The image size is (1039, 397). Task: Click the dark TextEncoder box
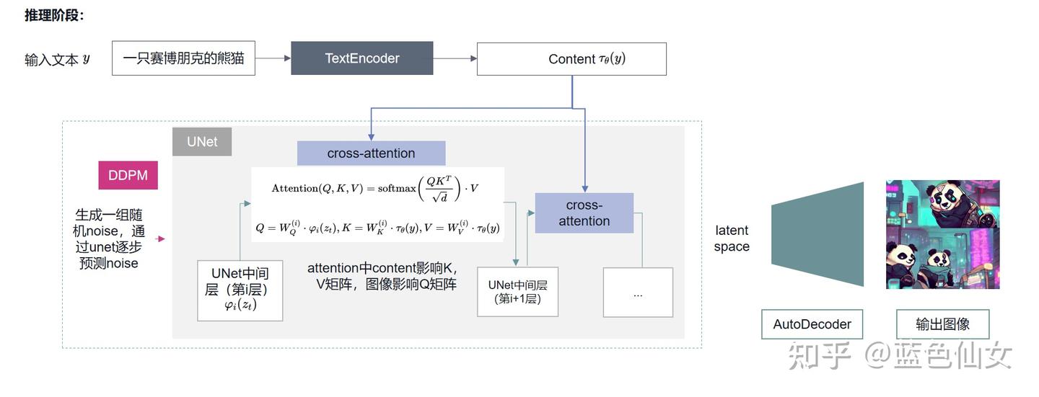pos(361,58)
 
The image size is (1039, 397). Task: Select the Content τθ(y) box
pos(571,59)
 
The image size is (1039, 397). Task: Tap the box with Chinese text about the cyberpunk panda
pos(183,58)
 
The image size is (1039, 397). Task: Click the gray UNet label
pos(202,141)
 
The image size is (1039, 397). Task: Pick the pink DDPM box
pos(128,175)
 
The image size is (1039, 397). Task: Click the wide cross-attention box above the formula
pos(371,153)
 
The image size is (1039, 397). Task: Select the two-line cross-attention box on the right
pos(584,213)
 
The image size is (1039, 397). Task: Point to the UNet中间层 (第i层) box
pos(240,290)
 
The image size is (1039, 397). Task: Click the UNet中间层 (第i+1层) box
pos(517,292)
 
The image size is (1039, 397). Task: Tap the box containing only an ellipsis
pos(638,293)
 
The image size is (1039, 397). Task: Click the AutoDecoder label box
pos(812,324)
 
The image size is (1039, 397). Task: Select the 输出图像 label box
pos(942,324)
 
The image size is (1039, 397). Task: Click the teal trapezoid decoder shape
pos(817,234)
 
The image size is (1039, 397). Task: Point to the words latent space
pos(732,238)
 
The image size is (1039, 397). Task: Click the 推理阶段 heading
pos(54,15)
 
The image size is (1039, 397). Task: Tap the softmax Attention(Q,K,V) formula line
pos(374,188)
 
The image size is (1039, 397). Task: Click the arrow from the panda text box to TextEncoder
pos(273,58)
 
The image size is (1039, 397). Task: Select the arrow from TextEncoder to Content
pos(455,58)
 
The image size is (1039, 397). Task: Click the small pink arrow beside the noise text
pos(160,238)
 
